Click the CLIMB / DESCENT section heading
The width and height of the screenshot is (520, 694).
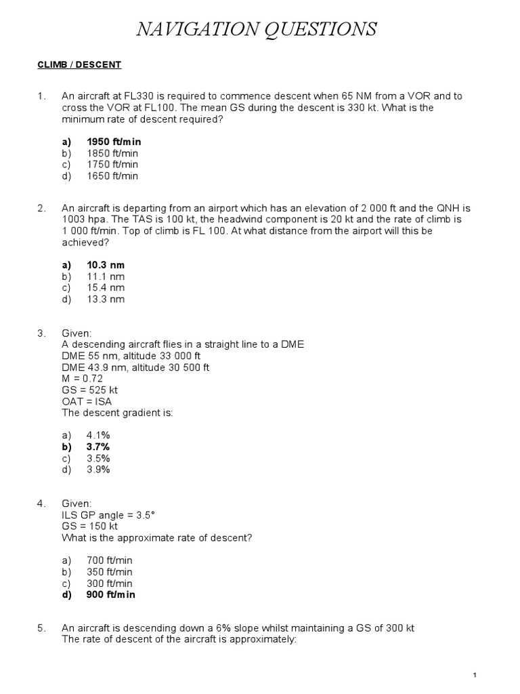coord(79,65)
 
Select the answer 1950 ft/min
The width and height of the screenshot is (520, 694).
coord(114,142)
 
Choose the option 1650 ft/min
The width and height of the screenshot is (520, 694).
coord(112,176)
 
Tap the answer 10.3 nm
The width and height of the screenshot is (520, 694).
coord(106,265)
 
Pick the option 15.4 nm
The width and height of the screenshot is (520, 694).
coord(106,288)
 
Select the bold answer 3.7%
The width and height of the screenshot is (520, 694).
coord(98,447)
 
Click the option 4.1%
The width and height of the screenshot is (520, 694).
coord(98,435)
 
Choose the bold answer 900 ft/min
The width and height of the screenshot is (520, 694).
coord(111,594)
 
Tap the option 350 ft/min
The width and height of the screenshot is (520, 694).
coord(110,572)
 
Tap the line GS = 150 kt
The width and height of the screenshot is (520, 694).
coord(89,526)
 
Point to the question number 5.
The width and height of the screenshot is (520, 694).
coord(41,628)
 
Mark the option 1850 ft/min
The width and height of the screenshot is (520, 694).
coord(112,153)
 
